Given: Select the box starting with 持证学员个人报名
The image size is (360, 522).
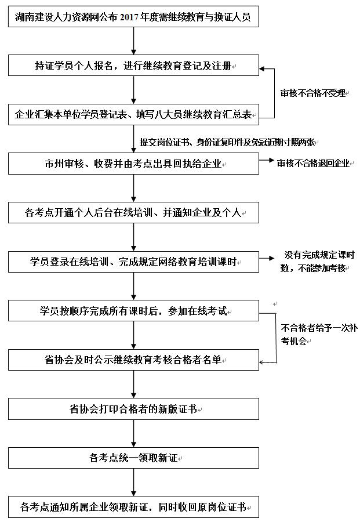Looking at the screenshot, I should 133,66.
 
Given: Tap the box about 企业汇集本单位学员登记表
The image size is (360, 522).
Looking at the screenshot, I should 133,114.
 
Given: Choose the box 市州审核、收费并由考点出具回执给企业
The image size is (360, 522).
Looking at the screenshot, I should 133,164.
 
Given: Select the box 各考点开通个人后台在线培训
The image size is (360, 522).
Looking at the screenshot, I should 133,213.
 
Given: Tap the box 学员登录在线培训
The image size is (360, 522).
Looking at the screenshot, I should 133,262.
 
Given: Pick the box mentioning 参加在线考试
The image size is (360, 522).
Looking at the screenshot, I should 133,311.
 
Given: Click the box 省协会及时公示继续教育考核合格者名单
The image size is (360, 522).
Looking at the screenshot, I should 133,360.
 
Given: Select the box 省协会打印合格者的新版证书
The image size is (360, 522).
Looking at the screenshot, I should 133,409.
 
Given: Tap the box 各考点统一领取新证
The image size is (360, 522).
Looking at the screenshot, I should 133,458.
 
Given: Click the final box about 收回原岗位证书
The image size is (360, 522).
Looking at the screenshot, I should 133,507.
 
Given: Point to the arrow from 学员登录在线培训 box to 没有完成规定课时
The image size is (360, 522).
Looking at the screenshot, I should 267,259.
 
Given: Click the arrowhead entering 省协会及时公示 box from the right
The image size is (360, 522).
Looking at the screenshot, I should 263,362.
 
